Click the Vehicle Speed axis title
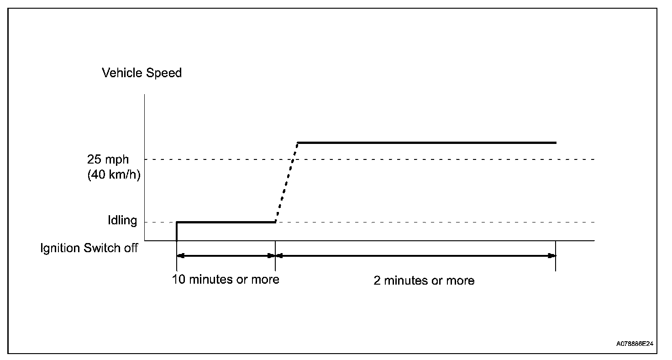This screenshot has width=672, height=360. click(142, 73)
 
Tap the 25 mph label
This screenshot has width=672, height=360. click(108, 160)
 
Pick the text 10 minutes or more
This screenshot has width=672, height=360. click(226, 279)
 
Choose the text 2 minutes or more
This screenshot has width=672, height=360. click(424, 280)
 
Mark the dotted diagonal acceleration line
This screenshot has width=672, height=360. click(286, 183)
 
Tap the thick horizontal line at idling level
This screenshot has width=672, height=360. click(226, 222)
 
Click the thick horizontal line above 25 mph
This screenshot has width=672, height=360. click(427, 143)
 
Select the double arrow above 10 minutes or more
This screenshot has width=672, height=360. click(226, 256)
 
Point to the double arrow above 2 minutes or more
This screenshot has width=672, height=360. click(415, 256)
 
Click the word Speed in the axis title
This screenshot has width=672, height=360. click(163, 73)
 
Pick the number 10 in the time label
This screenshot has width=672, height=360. click(178, 279)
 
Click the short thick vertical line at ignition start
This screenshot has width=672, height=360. click(177, 231)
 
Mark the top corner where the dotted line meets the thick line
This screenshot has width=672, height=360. click(298, 143)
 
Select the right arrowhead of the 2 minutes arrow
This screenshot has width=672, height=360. click(552, 256)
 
